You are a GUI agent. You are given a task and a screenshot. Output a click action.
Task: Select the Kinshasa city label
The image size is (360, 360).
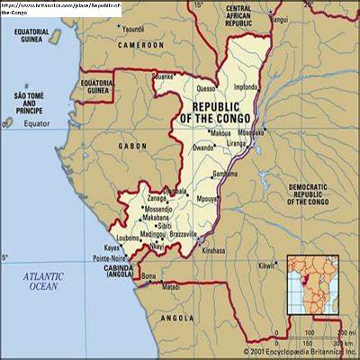(212, 250)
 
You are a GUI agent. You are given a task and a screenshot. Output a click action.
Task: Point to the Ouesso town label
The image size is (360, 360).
(206, 88)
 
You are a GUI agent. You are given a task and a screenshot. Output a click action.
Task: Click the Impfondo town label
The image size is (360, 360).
(245, 87)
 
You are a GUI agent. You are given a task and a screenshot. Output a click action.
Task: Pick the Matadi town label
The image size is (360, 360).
(170, 288)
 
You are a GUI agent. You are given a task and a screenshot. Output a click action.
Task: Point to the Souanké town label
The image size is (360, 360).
(163, 77)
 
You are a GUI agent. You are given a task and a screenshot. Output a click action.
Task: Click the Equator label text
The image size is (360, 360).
(40, 122)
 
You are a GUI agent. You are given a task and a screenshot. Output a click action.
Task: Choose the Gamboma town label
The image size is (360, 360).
(225, 174)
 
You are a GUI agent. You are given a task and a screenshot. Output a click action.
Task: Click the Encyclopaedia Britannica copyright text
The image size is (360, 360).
(299, 352)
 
